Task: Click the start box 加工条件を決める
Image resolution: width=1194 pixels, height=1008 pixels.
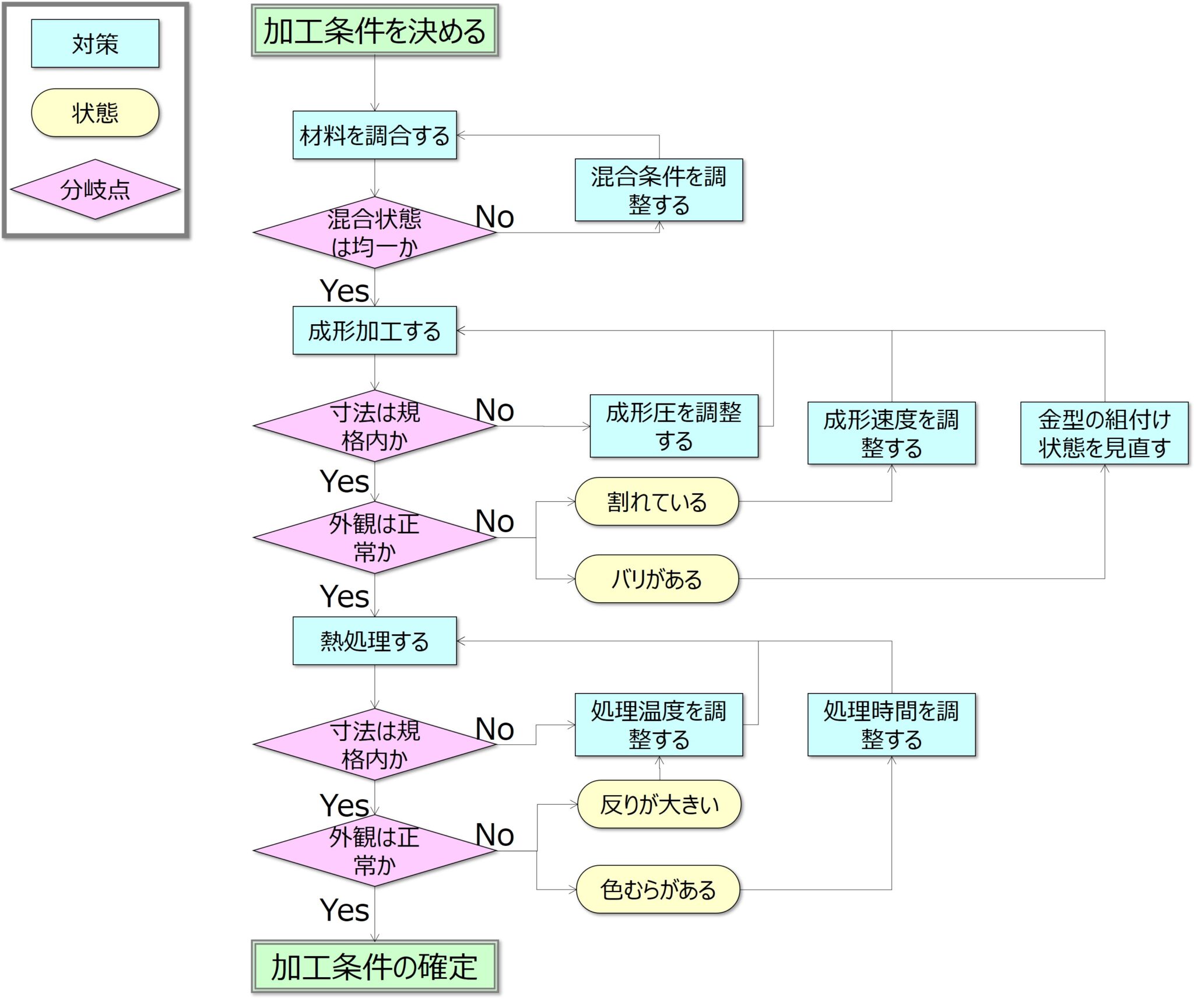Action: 374,31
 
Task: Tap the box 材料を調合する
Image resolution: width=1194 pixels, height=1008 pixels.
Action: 374,135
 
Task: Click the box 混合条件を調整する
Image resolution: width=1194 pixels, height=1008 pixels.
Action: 658,190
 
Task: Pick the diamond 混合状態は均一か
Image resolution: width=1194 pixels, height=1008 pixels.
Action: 374,233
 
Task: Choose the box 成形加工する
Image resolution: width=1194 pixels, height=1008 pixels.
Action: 374,331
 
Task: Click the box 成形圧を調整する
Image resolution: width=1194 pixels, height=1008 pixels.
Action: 673,426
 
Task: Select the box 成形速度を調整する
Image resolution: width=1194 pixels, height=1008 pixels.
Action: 891,433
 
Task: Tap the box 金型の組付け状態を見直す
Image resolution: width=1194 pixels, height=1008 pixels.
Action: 1104,433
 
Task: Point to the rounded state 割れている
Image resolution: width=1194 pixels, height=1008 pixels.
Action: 656,501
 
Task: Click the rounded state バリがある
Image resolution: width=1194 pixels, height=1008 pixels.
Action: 656,579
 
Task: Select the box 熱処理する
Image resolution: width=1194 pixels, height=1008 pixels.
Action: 374,641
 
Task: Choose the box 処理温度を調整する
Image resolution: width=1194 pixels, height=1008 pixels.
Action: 658,725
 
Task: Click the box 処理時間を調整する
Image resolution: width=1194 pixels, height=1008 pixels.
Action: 891,725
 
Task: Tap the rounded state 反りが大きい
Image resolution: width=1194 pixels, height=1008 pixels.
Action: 659,805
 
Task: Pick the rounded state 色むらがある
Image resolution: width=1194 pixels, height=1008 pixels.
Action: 658,890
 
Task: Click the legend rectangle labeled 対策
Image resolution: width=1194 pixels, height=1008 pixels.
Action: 95,44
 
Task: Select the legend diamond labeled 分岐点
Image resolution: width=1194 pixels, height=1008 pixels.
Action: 95,189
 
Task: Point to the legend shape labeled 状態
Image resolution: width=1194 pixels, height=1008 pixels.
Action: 95,113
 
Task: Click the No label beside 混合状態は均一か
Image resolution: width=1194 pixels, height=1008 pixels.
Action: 494,217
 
